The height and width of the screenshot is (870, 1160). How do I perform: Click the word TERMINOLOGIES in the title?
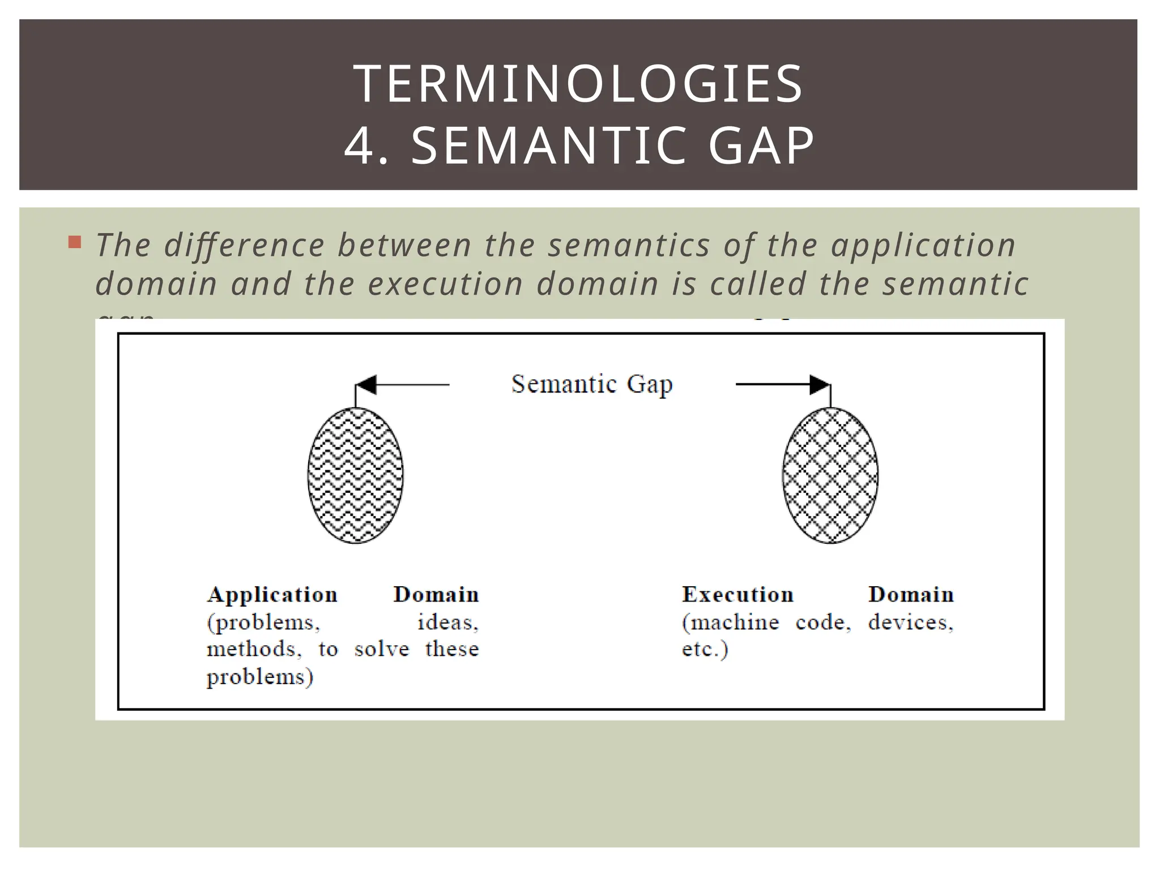[x=578, y=84]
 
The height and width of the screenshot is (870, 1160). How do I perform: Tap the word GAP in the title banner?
[x=761, y=146]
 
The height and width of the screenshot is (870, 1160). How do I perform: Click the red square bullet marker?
[x=74, y=243]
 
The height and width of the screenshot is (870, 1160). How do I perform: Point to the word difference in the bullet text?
[x=245, y=245]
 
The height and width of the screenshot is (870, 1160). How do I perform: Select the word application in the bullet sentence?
[x=923, y=245]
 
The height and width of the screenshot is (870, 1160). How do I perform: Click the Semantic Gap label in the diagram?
[x=592, y=385]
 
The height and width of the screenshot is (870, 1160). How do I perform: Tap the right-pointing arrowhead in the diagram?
[x=819, y=385]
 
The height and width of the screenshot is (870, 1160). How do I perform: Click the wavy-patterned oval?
[x=355, y=476]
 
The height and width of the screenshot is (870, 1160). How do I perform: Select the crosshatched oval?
[x=830, y=476]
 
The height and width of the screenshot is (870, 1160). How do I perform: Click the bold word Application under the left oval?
[x=272, y=595]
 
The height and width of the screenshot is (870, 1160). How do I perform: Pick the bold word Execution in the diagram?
[x=737, y=595]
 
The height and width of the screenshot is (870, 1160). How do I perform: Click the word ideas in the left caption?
[x=447, y=622]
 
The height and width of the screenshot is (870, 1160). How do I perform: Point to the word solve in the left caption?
[x=381, y=649]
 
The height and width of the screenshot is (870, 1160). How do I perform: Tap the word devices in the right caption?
[x=910, y=622]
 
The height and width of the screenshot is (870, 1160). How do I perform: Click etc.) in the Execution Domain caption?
[x=705, y=649]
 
